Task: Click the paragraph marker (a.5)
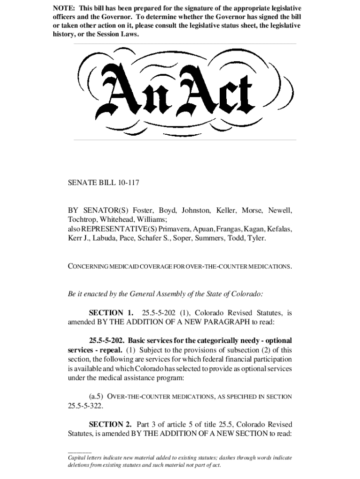(97, 397)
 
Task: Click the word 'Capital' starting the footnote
(78, 457)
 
